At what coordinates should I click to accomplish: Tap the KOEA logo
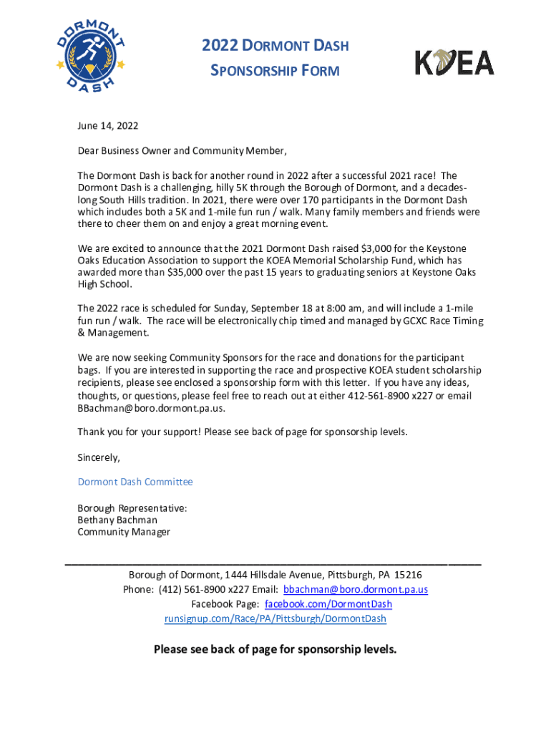[455, 62]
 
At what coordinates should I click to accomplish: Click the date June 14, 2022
[108, 126]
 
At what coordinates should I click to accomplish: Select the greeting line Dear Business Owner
[182, 151]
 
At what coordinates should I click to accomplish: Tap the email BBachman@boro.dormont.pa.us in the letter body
[151, 408]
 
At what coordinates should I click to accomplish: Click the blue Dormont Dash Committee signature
[135, 482]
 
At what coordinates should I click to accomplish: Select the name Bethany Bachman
[117, 520]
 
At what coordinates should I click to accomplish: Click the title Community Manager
[124, 532]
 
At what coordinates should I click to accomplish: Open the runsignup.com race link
[275, 618]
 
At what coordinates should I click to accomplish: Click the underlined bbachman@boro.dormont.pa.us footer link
[356, 590]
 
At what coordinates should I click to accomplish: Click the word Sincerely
[99, 457]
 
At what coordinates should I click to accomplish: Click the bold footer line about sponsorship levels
[275, 650]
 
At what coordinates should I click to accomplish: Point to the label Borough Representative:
[132, 508]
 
